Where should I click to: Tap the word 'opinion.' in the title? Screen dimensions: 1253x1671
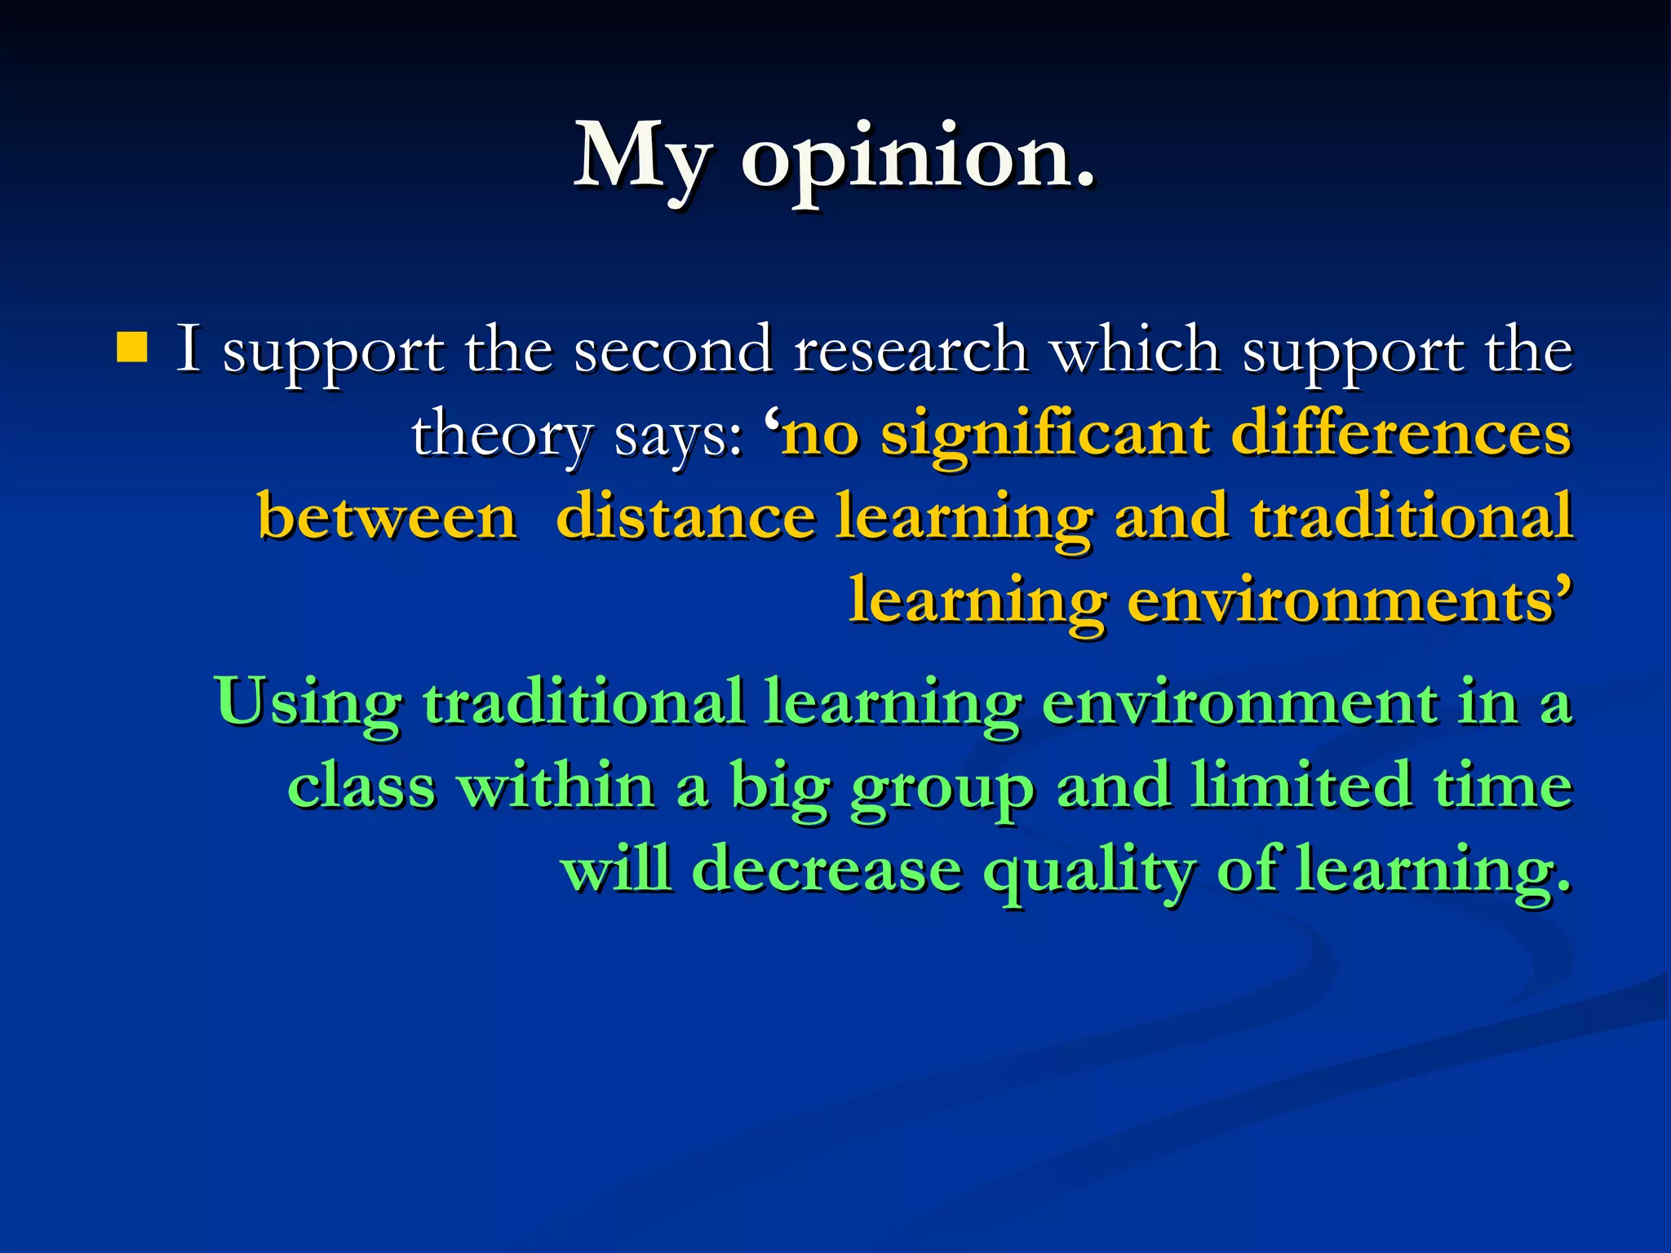point(917,159)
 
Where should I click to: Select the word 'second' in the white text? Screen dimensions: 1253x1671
point(672,349)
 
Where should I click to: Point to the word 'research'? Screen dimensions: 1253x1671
point(910,349)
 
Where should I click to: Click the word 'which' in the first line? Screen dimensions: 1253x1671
point(1134,349)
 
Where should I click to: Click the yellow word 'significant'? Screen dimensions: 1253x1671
point(1045,435)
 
